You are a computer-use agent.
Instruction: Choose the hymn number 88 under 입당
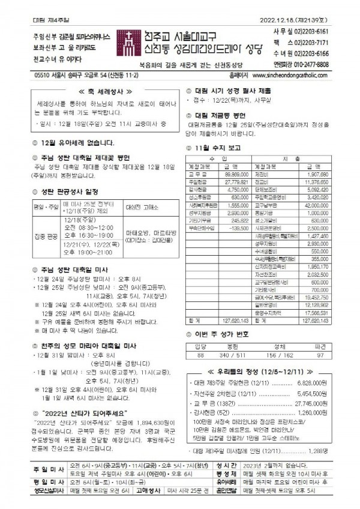click(200, 355)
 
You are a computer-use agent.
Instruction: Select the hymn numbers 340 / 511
click(232, 355)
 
